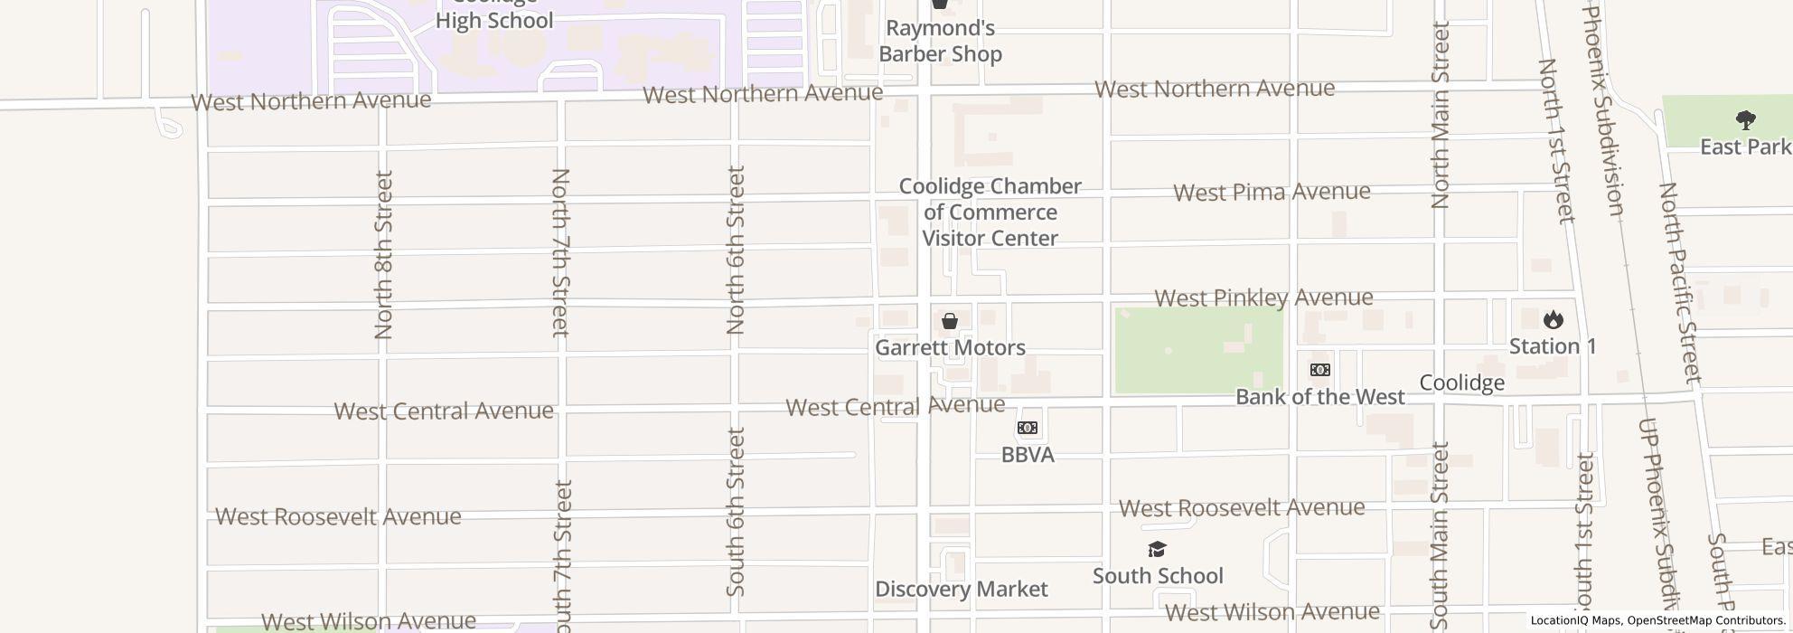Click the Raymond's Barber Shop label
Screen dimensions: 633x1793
940,42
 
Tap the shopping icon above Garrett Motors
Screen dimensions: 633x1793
950,321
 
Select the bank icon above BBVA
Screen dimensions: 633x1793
1028,428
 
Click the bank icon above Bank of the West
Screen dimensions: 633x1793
1320,370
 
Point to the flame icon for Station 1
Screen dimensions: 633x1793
1554,319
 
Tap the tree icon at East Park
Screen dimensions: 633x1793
1746,120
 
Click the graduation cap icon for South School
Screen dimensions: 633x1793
1157,550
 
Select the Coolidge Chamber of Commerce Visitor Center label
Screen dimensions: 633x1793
990,213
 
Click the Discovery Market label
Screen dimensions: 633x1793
961,590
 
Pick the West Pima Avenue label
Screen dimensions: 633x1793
1272,192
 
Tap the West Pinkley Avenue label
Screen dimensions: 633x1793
1263,298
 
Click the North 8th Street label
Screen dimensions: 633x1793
383,255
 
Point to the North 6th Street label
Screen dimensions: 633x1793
736,250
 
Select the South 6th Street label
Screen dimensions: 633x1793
736,512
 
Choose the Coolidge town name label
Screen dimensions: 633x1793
1461,383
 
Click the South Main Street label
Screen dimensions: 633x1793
1440,535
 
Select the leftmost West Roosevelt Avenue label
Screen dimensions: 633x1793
338,516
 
